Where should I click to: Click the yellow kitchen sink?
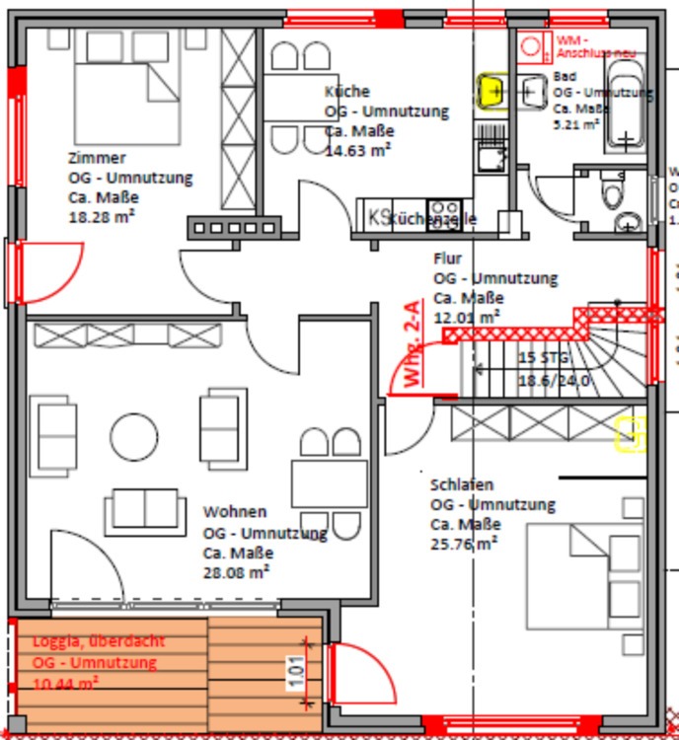[x=491, y=91]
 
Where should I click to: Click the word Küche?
[x=346, y=91]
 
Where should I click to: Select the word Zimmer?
[x=97, y=158]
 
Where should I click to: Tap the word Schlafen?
[x=462, y=484]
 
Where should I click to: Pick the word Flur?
[x=447, y=259]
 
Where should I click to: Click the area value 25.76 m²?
[x=463, y=543]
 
